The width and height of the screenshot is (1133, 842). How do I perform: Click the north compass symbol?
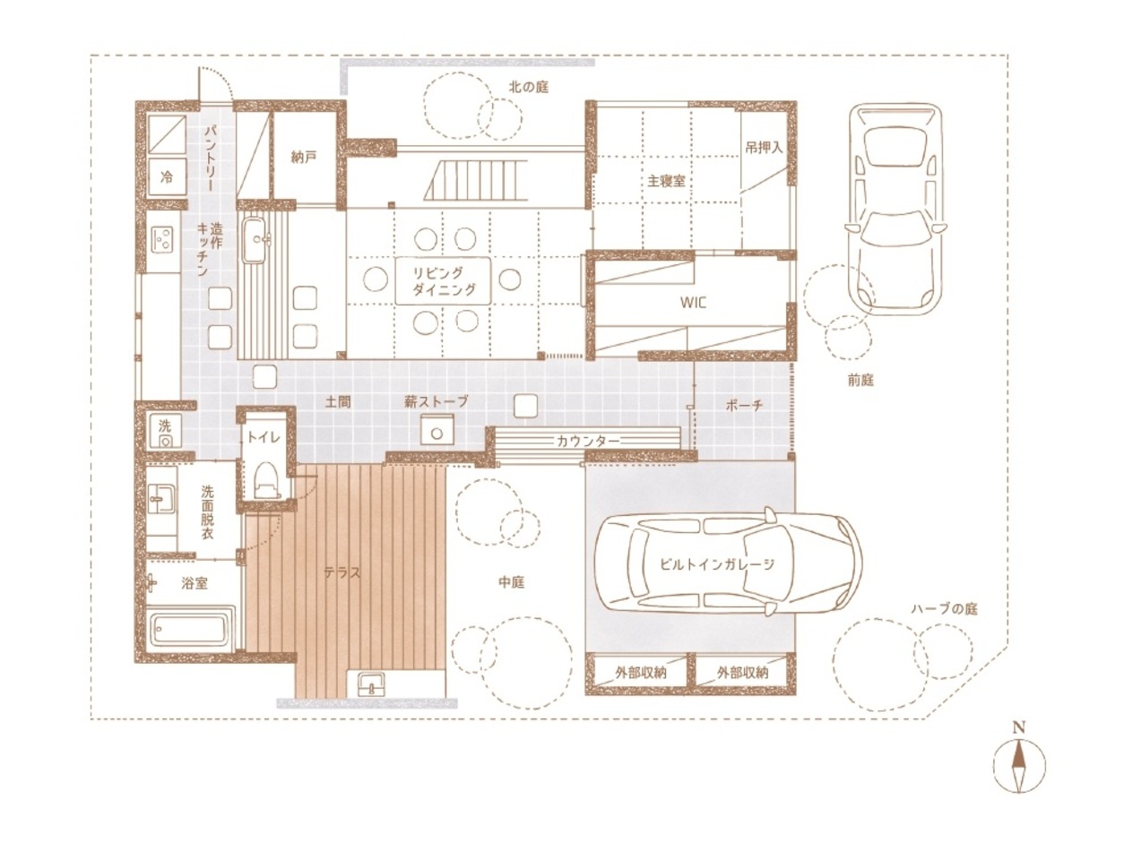(x=1018, y=767)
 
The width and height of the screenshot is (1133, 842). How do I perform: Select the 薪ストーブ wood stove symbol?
(x=437, y=429)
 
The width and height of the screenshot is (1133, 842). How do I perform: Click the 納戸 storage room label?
(x=303, y=157)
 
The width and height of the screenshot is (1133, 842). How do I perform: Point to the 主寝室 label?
(x=667, y=181)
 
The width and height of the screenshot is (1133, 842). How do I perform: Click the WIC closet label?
(x=693, y=302)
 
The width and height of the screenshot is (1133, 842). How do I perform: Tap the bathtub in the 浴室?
(x=190, y=630)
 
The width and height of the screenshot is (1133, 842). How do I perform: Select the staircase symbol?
(x=475, y=180)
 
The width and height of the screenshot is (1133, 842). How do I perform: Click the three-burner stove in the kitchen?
(x=163, y=238)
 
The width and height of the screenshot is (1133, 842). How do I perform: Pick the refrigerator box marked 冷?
(x=167, y=176)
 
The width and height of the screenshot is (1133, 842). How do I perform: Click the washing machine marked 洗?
(x=165, y=431)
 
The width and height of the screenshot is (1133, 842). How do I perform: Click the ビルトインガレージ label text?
(x=717, y=564)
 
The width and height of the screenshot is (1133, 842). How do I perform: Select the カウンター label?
(x=587, y=441)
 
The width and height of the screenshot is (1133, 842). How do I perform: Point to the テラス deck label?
(x=342, y=572)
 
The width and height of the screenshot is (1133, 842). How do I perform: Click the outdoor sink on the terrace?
(x=372, y=683)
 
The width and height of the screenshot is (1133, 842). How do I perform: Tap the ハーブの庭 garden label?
(x=945, y=608)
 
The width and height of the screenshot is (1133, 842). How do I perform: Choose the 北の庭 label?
(x=529, y=87)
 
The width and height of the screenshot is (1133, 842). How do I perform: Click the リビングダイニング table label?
(x=444, y=281)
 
